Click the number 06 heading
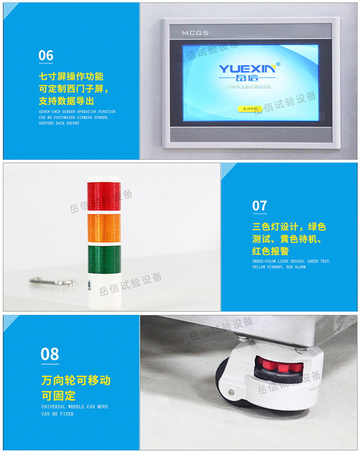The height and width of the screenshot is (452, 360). pos(46,56)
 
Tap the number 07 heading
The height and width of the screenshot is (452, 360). pos(260,206)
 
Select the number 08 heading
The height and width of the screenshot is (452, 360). pos(50,354)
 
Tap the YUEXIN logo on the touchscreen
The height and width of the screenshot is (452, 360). pos(247,69)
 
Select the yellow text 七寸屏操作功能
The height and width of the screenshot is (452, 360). pos(71,77)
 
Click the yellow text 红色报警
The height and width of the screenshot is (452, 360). pos(271,251)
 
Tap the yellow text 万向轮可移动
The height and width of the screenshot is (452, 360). pos(76,381)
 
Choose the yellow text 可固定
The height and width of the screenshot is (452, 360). pos(58,396)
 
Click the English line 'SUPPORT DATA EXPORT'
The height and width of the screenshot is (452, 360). pos(59,123)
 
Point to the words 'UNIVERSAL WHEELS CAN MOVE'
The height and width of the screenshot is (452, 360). pos(74,407)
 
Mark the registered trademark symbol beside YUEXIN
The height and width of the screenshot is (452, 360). pos(278,64)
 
